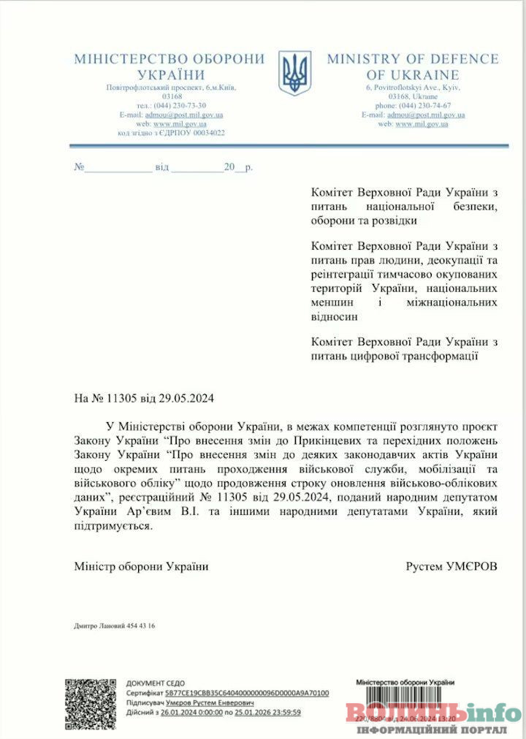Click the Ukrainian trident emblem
(295, 72)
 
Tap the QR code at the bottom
(91, 702)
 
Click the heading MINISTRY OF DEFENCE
(412, 59)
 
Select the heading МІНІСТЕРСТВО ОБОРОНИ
(169, 59)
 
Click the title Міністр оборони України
(141, 566)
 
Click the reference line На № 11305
(144, 399)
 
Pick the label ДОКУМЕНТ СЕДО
(156, 683)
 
